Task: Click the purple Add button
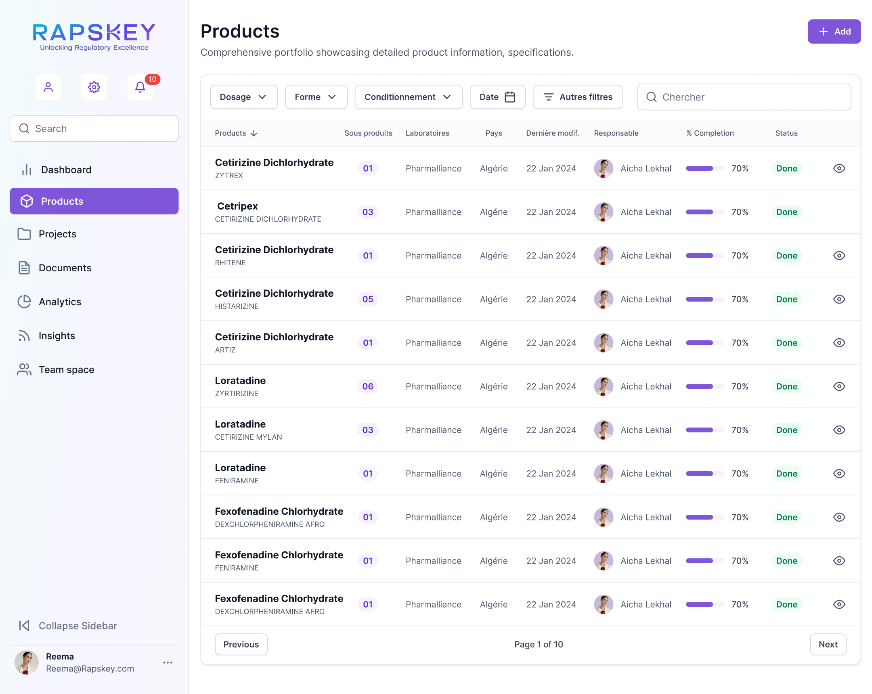click(x=834, y=31)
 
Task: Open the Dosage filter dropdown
click(x=243, y=97)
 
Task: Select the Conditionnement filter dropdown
click(x=408, y=97)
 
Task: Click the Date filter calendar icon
click(x=509, y=97)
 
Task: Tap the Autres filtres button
click(x=577, y=97)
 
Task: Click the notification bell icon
click(x=140, y=87)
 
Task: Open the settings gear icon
click(x=94, y=87)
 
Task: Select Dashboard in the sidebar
click(x=66, y=170)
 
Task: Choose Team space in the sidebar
click(x=66, y=370)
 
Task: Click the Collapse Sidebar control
click(x=68, y=626)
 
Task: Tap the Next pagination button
click(x=828, y=644)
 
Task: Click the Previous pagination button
click(x=241, y=644)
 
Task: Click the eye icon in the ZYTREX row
click(x=839, y=168)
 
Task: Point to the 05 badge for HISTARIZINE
click(x=368, y=299)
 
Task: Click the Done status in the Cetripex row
click(x=786, y=212)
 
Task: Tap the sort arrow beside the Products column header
click(x=254, y=134)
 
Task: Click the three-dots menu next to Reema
click(x=168, y=663)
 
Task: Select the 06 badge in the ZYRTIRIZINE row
click(x=368, y=386)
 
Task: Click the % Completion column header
click(x=710, y=133)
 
